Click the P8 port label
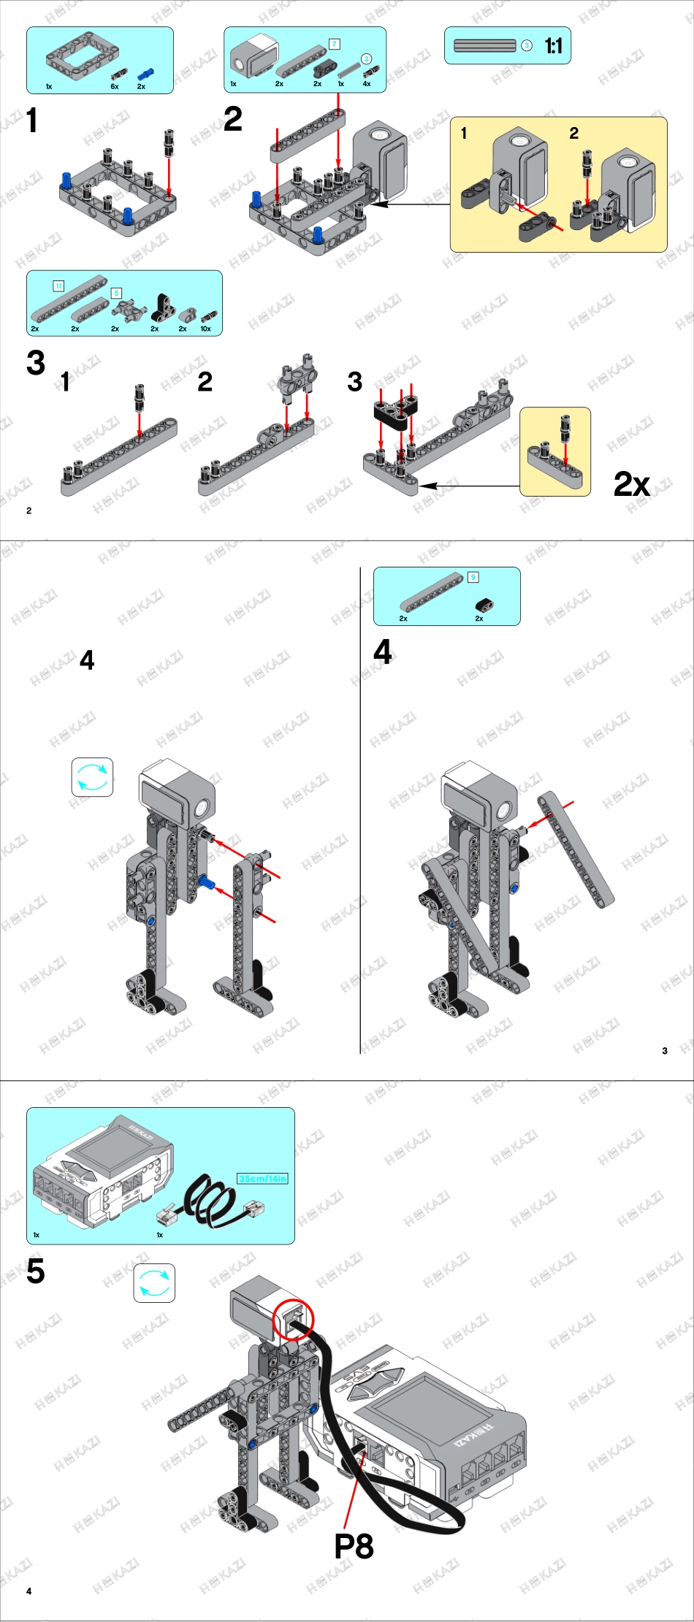pyautogui.click(x=354, y=1545)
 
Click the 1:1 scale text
pyautogui.click(x=553, y=47)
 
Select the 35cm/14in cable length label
pyautogui.click(x=263, y=1178)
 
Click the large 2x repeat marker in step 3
pyautogui.click(x=631, y=483)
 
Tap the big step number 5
pyautogui.click(x=36, y=1271)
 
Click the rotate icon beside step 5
pyautogui.click(x=154, y=1283)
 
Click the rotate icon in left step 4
pyautogui.click(x=92, y=777)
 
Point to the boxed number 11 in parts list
pyautogui.click(x=58, y=286)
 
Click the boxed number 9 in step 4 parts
pyautogui.click(x=473, y=577)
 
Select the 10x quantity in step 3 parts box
pyautogui.click(x=206, y=329)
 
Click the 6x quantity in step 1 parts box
pyautogui.click(x=115, y=86)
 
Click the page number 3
pyautogui.click(x=665, y=1051)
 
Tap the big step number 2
pyautogui.click(x=233, y=119)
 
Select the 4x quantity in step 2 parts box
pyautogui.click(x=367, y=83)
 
